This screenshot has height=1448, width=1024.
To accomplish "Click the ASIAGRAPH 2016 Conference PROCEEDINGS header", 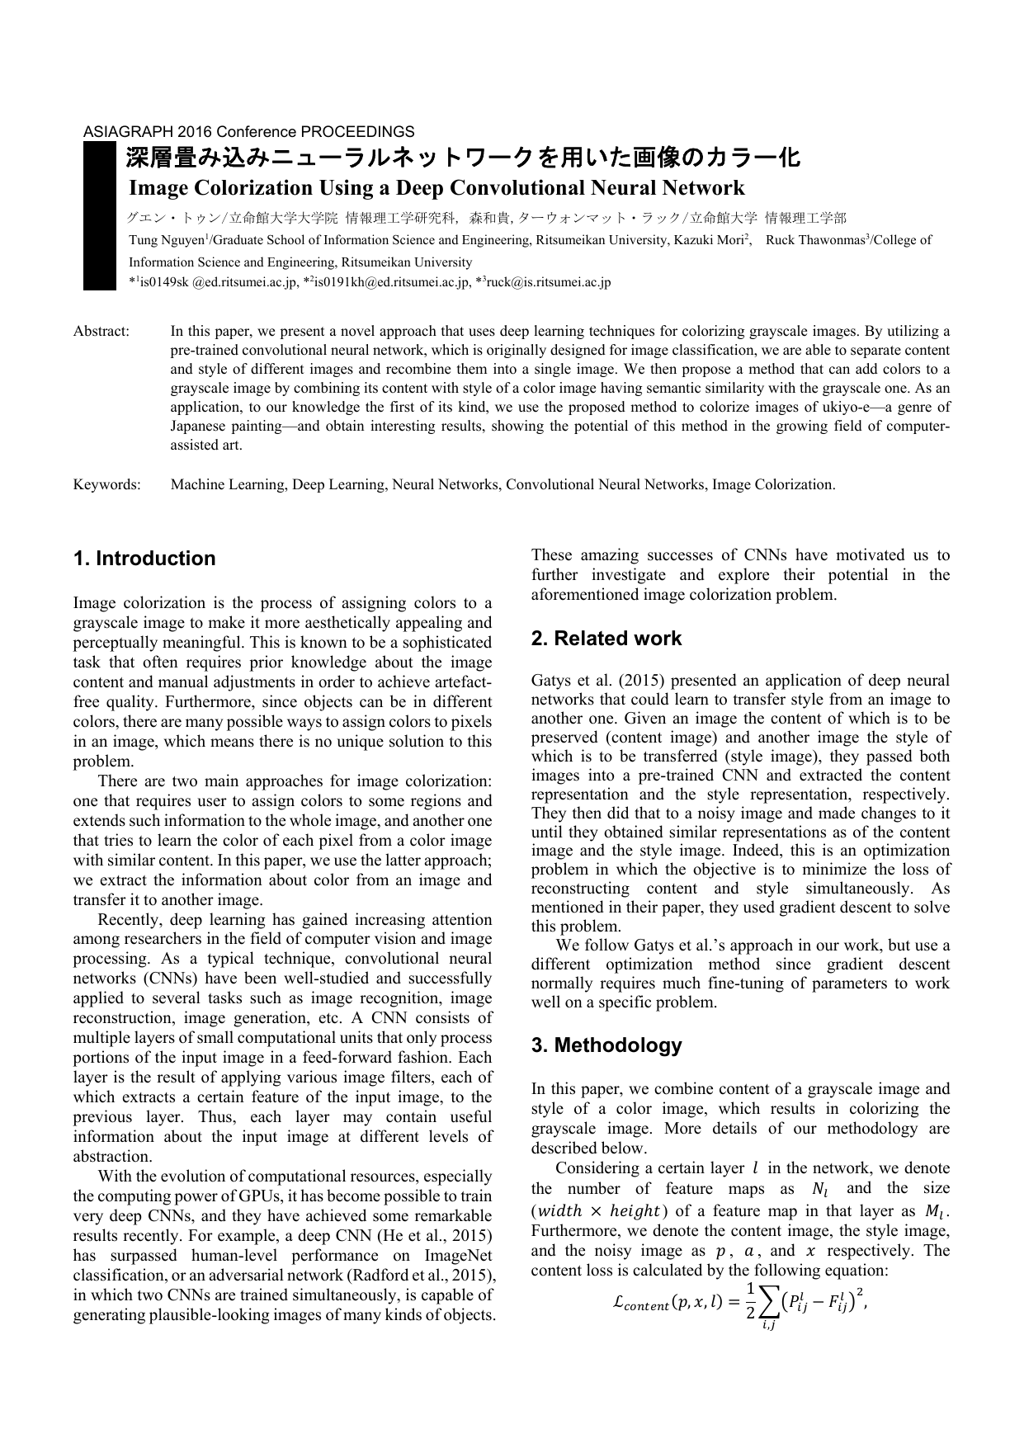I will [248, 132].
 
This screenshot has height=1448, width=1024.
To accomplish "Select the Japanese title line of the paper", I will [462, 158].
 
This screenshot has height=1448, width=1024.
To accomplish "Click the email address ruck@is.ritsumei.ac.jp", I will [548, 282].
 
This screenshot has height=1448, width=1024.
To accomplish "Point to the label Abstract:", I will [101, 332].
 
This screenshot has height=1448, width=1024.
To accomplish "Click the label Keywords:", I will [107, 485].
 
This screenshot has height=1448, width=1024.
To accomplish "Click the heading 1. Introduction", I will [144, 559].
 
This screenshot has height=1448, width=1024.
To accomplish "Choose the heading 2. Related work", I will [606, 639].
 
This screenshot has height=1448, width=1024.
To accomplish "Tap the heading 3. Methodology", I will [606, 1045].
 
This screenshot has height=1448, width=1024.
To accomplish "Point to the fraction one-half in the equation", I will [750, 1301].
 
